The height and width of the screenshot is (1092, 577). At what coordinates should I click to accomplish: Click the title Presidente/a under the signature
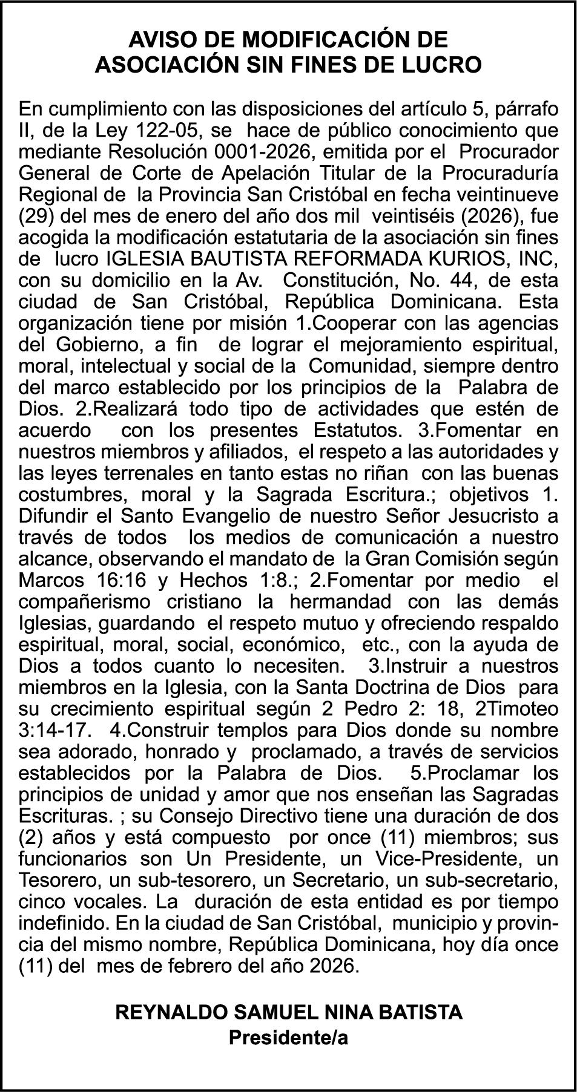[x=288, y=1038]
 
